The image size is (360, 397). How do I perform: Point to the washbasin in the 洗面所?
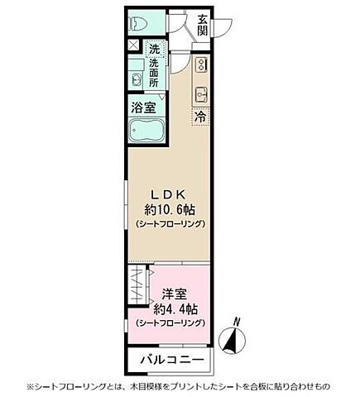click(136, 79)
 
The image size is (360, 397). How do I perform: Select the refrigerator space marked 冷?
click(199, 117)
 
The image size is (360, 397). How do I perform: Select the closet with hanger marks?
click(138, 294)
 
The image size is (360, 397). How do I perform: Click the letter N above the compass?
click(238, 320)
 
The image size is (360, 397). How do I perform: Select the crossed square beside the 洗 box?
click(134, 45)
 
